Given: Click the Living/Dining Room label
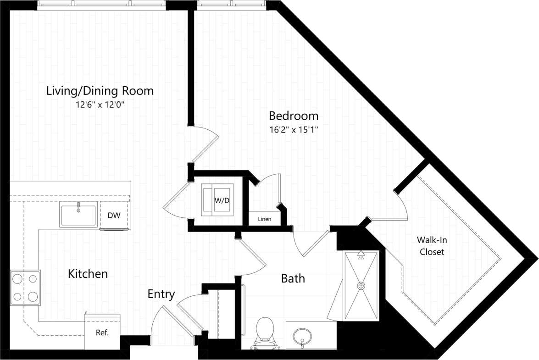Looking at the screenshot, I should coord(100,91).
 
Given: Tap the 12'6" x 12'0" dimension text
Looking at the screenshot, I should coord(100,105).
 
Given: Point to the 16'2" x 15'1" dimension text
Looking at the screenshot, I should coord(294,129).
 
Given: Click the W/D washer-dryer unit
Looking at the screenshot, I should coord(218,200).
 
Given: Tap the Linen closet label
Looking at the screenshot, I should coord(264,219).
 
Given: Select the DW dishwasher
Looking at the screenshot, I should coord(114,215).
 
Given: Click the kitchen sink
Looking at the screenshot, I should coord(78,215).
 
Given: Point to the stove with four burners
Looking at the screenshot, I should coord(25,287).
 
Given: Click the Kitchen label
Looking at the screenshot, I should coord(88,274).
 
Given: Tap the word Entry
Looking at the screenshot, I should coord(161,294).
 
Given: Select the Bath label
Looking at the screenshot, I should coord(293,278).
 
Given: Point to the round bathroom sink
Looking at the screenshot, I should coord(302,335).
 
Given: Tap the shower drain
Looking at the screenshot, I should coord(361,286).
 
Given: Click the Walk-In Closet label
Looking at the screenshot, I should coord(430,246).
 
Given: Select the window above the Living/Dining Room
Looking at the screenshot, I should coord(100,5).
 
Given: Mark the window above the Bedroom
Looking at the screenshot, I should coord(231,5).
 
